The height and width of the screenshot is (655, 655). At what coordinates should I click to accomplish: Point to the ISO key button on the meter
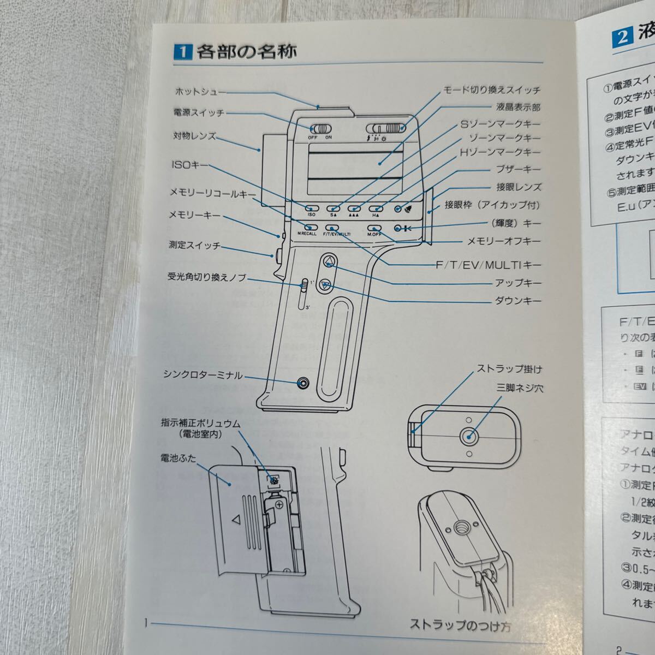tap(312, 208)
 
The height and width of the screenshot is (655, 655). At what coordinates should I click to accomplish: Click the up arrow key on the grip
tap(329, 262)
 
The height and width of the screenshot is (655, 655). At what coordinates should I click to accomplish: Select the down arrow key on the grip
tap(325, 284)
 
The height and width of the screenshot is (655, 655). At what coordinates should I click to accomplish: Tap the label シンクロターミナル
tap(203, 374)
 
